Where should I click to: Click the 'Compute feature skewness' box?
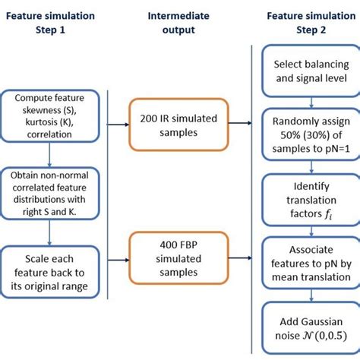[49, 115]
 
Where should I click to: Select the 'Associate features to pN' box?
[305, 257]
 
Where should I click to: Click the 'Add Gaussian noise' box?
[305, 323]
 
